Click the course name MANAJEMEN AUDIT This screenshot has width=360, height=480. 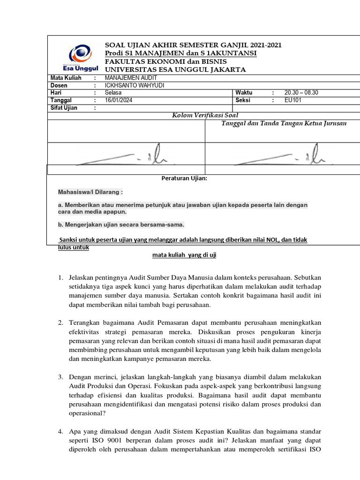pyautogui.click(x=127, y=78)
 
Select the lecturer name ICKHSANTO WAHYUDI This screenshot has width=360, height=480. pyautogui.click(x=135, y=85)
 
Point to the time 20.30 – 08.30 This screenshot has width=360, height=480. pyautogui.click(x=301, y=93)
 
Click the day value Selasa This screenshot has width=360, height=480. pyautogui.click(x=113, y=93)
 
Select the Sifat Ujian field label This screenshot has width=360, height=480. pyautogui.click(x=64, y=108)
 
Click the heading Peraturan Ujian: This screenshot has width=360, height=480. pyautogui.click(x=184, y=179)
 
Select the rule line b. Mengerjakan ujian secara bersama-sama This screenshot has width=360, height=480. pyautogui.click(x=121, y=224)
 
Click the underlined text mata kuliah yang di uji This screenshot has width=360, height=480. pyautogui.click(x=184, y=255)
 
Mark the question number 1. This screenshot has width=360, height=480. pyautogui.click(x=61, y=278)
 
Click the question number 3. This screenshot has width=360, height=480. pyautogui.click(x=61, y=377)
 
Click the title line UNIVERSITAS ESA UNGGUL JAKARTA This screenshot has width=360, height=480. pyautogui.click(x=175, y=70)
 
